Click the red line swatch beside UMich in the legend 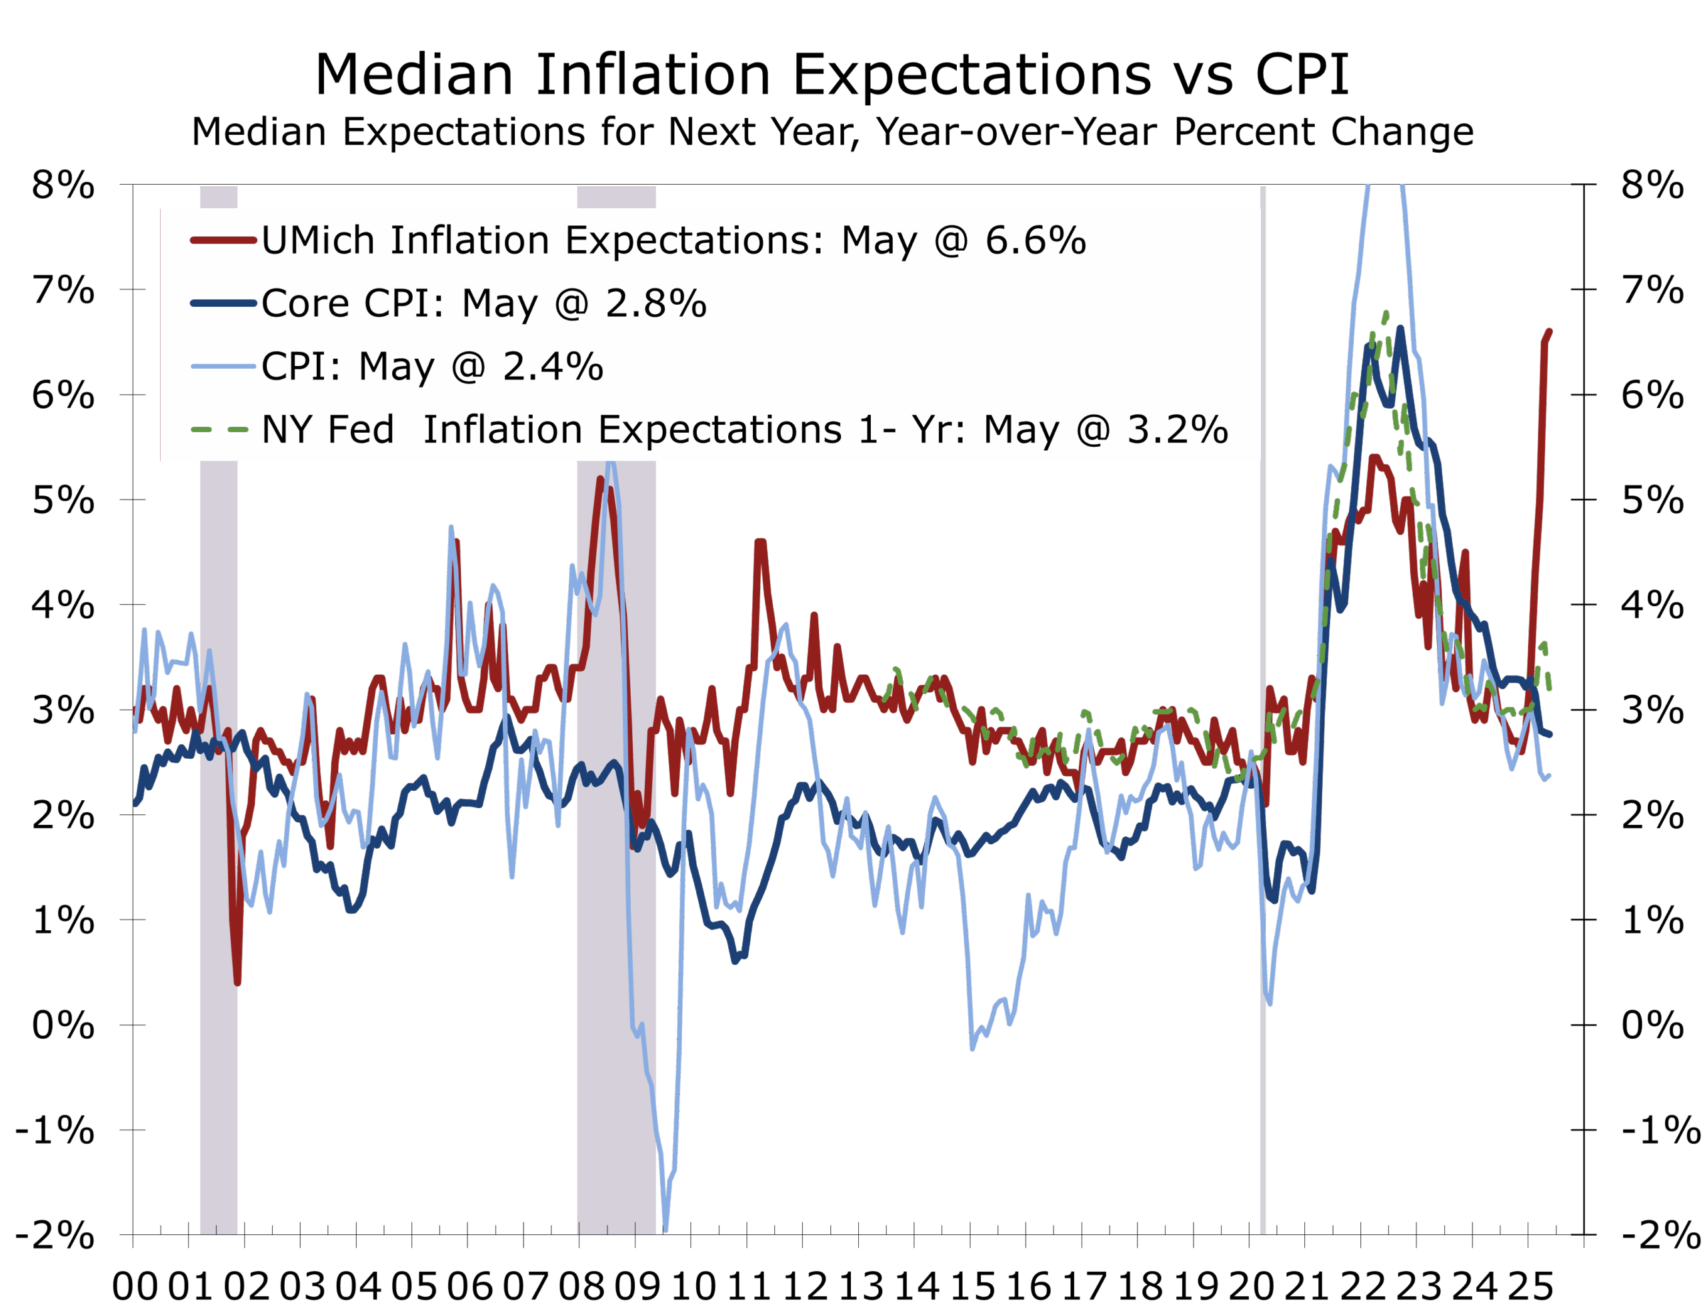223,240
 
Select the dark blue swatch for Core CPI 223,303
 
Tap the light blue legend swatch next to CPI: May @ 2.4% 223,367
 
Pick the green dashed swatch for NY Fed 220,429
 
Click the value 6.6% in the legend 1036,240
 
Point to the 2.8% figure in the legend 656,303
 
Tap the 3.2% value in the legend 1178,429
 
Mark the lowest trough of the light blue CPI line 665,1229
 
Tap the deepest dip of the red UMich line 237,983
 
